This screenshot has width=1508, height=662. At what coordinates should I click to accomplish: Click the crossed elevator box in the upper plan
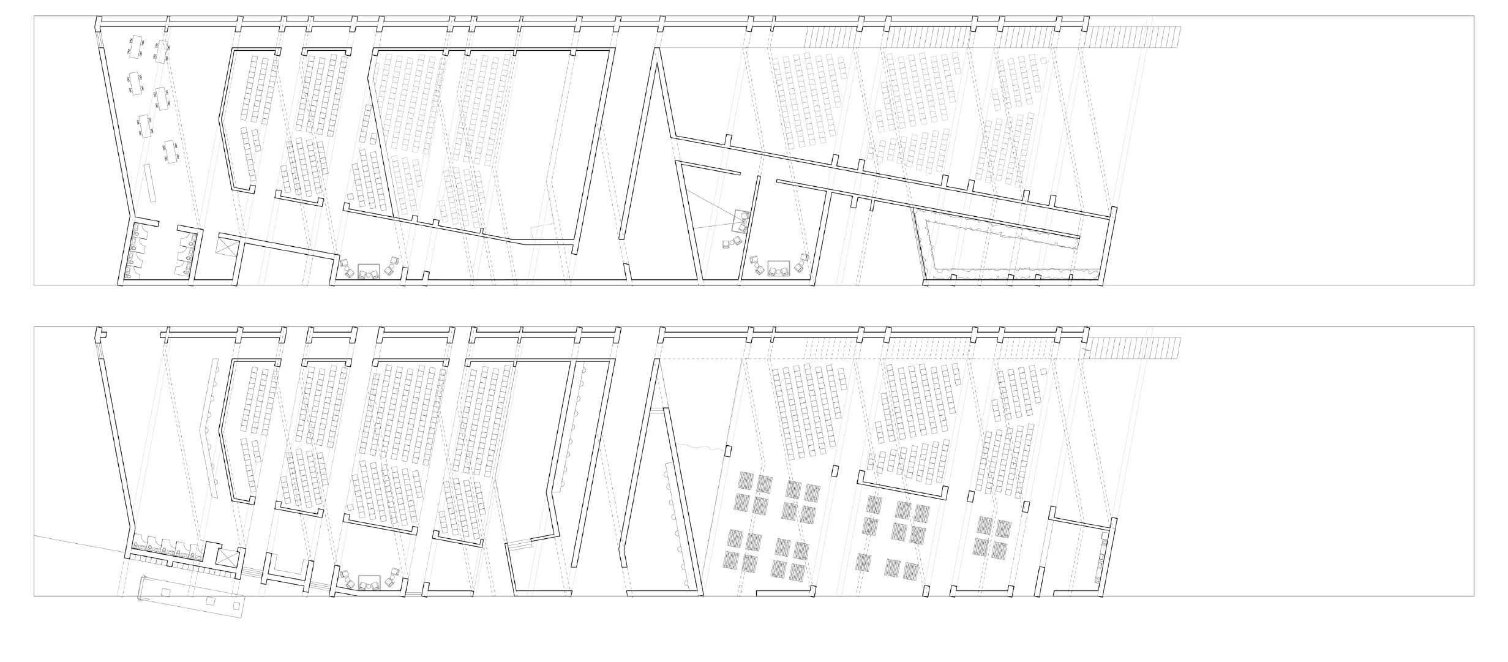(226, 247)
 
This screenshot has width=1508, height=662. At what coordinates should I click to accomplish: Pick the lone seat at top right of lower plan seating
(1043, 372)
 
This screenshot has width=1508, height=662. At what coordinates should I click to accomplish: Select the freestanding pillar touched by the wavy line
(728, 451)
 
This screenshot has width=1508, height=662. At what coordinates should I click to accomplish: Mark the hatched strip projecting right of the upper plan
(1136, 37)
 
